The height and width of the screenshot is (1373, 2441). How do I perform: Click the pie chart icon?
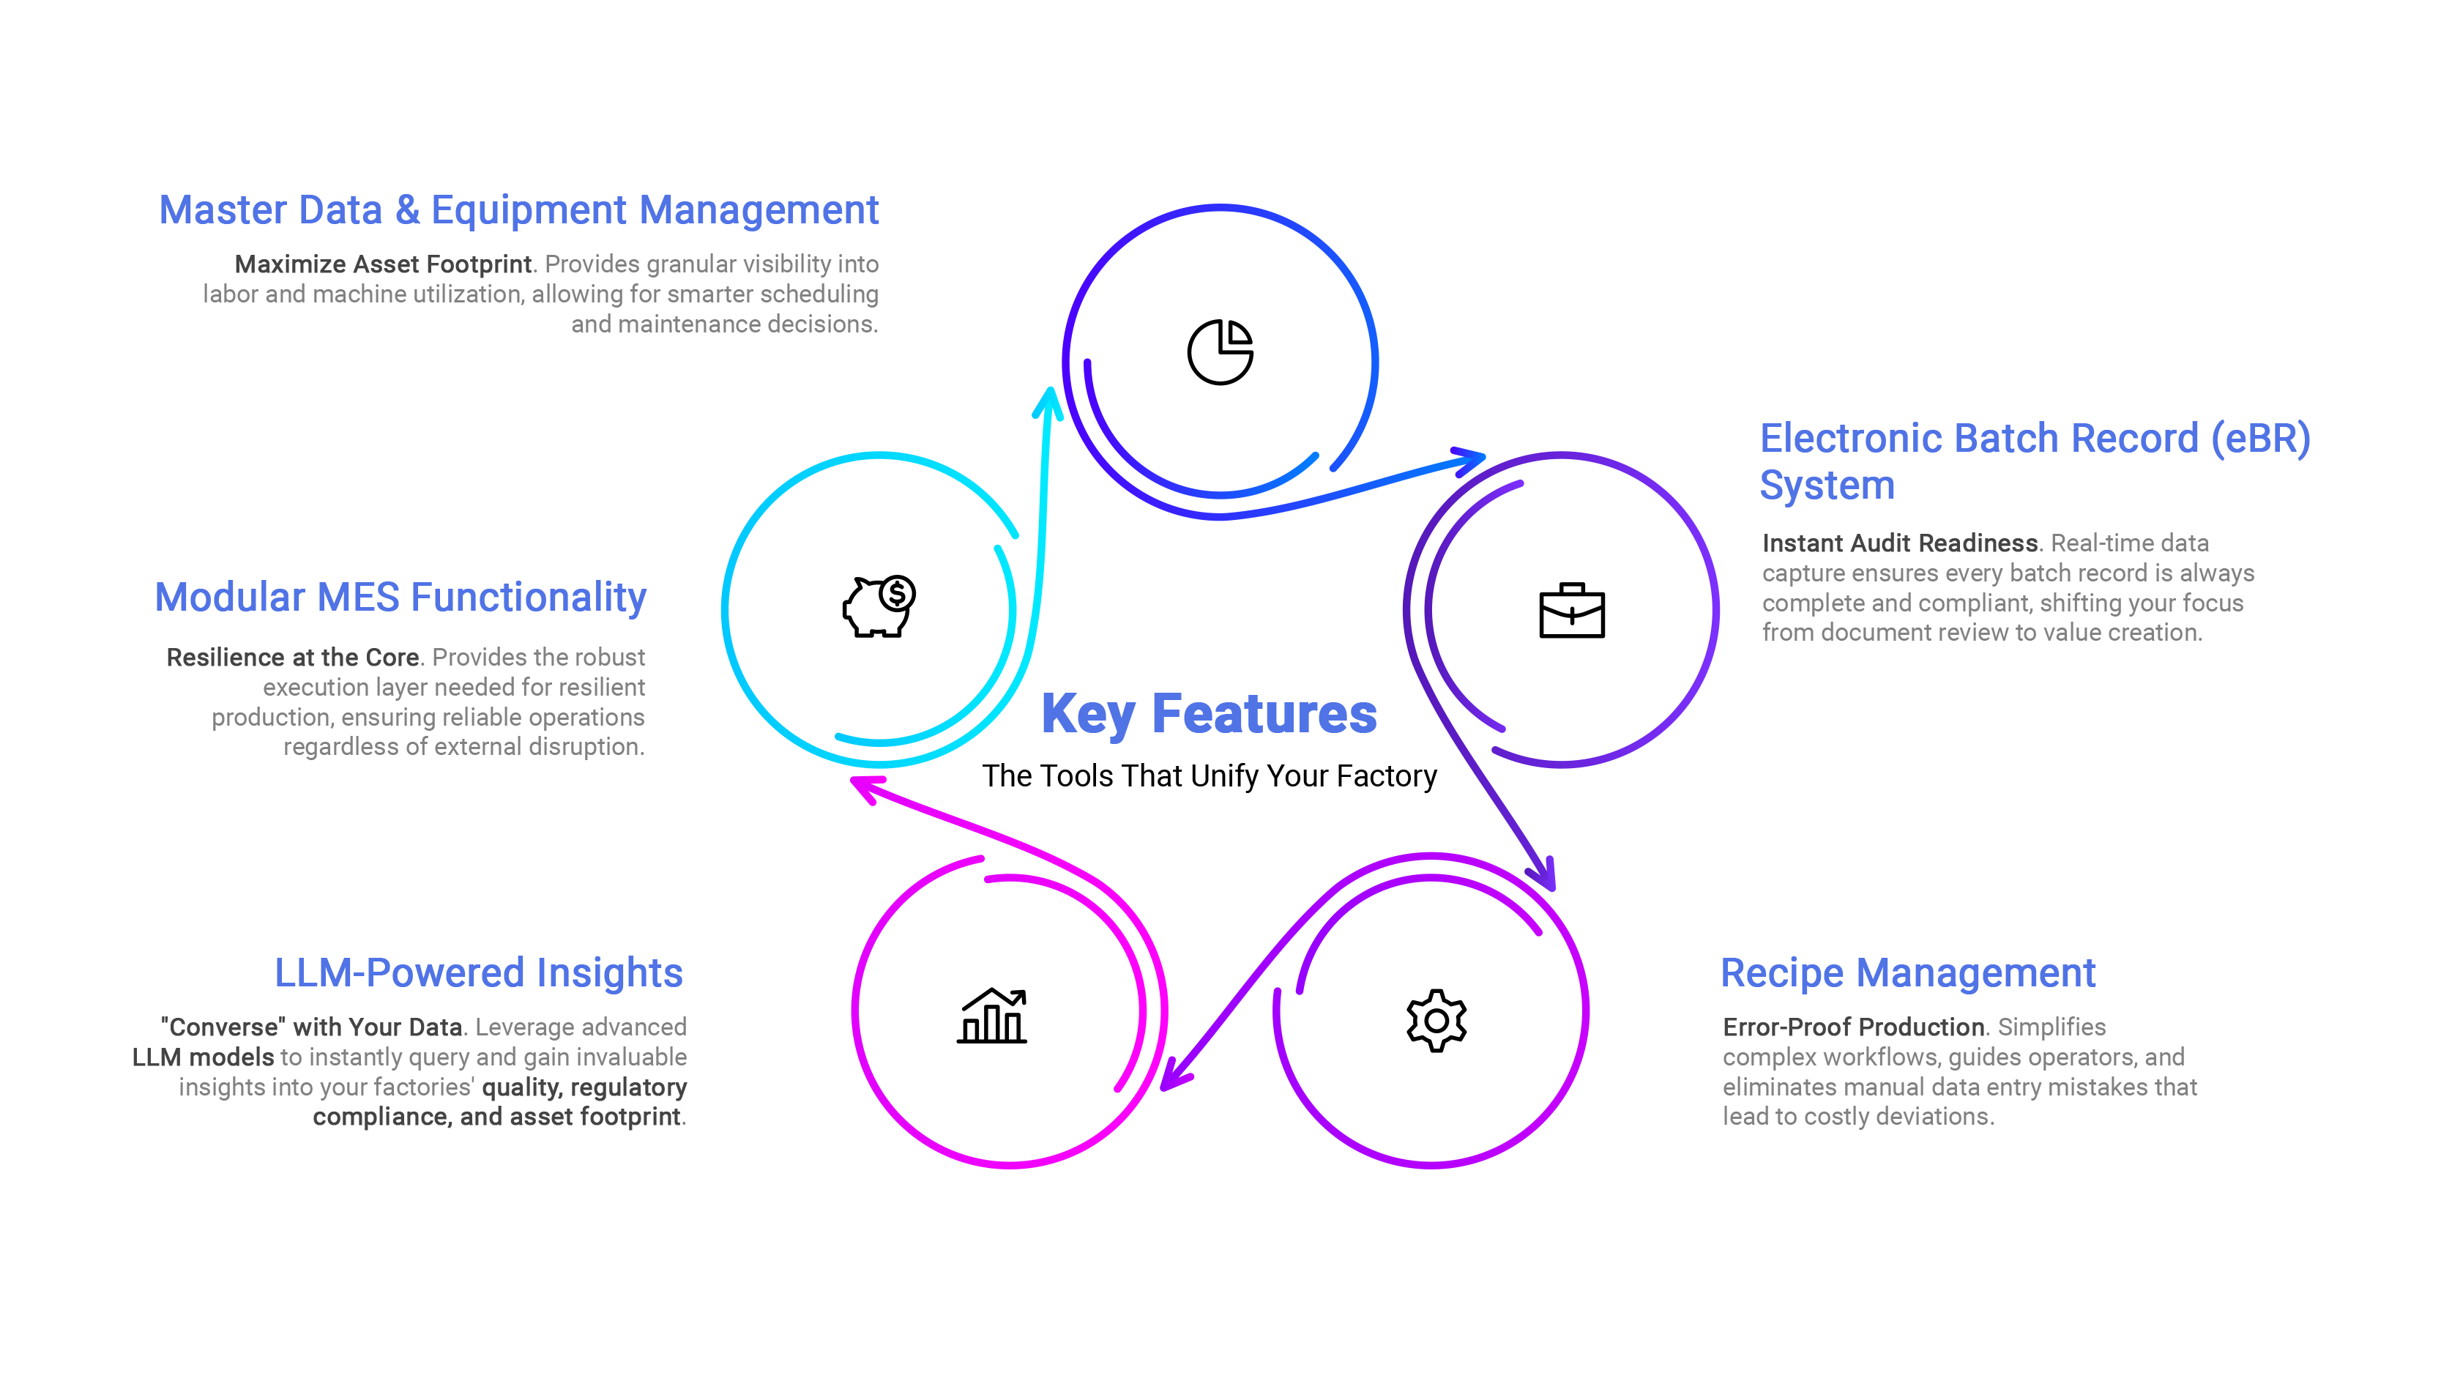(x=1220, y=351)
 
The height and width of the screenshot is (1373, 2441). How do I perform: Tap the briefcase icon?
(x=1571, y=611)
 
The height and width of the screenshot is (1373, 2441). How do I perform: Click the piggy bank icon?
(x=879, y=606)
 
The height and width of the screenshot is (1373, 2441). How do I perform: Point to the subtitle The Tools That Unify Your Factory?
(x=1208, y=776)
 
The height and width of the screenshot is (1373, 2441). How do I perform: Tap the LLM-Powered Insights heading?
(x=479, y=974)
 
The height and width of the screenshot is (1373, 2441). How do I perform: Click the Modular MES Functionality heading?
(x=400, y=599)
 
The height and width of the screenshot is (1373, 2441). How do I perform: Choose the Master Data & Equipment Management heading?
(x=518, y=210)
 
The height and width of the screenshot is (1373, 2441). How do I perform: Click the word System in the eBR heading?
(x=1827, y=486)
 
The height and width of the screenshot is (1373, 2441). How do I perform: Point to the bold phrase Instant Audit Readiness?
(x=1899, y=543)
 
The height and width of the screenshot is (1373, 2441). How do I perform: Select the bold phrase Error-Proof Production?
(x=1852, y=1027)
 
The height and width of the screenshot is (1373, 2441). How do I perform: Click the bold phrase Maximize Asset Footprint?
(x=383, y=264)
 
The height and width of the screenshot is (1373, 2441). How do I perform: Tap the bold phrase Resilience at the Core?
(x=292, y=658)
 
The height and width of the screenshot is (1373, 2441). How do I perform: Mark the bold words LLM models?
(x=203, y=1057)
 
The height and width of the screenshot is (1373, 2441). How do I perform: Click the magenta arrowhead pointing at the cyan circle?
(x=863, y=786)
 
